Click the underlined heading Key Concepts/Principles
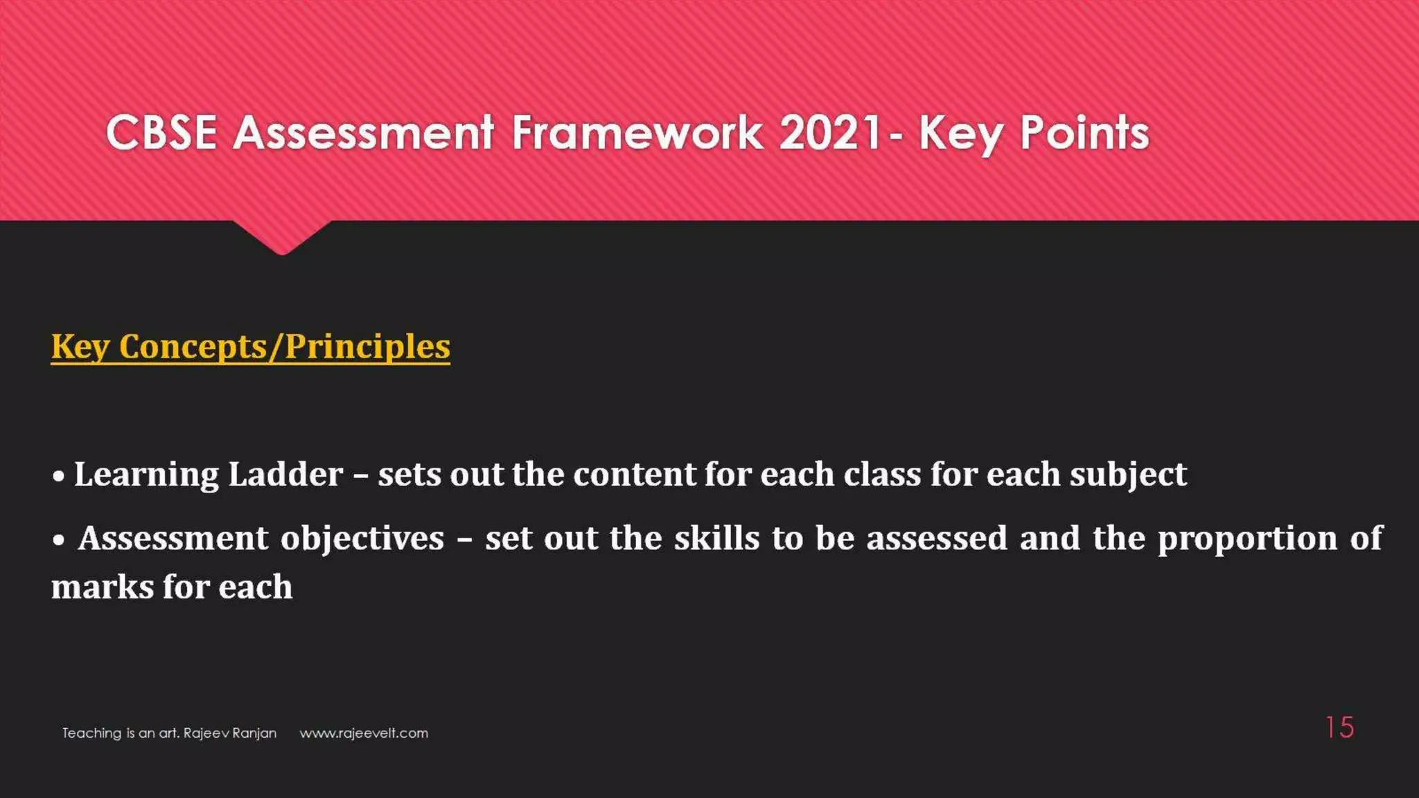pos(250,346)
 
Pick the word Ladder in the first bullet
pos(285,475)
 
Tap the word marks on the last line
pos(103,587)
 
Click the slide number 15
pos(1339,727)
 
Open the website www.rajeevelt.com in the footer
pos(364,733)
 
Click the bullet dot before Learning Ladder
pos(60,476)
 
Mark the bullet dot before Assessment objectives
pos(60,540)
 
